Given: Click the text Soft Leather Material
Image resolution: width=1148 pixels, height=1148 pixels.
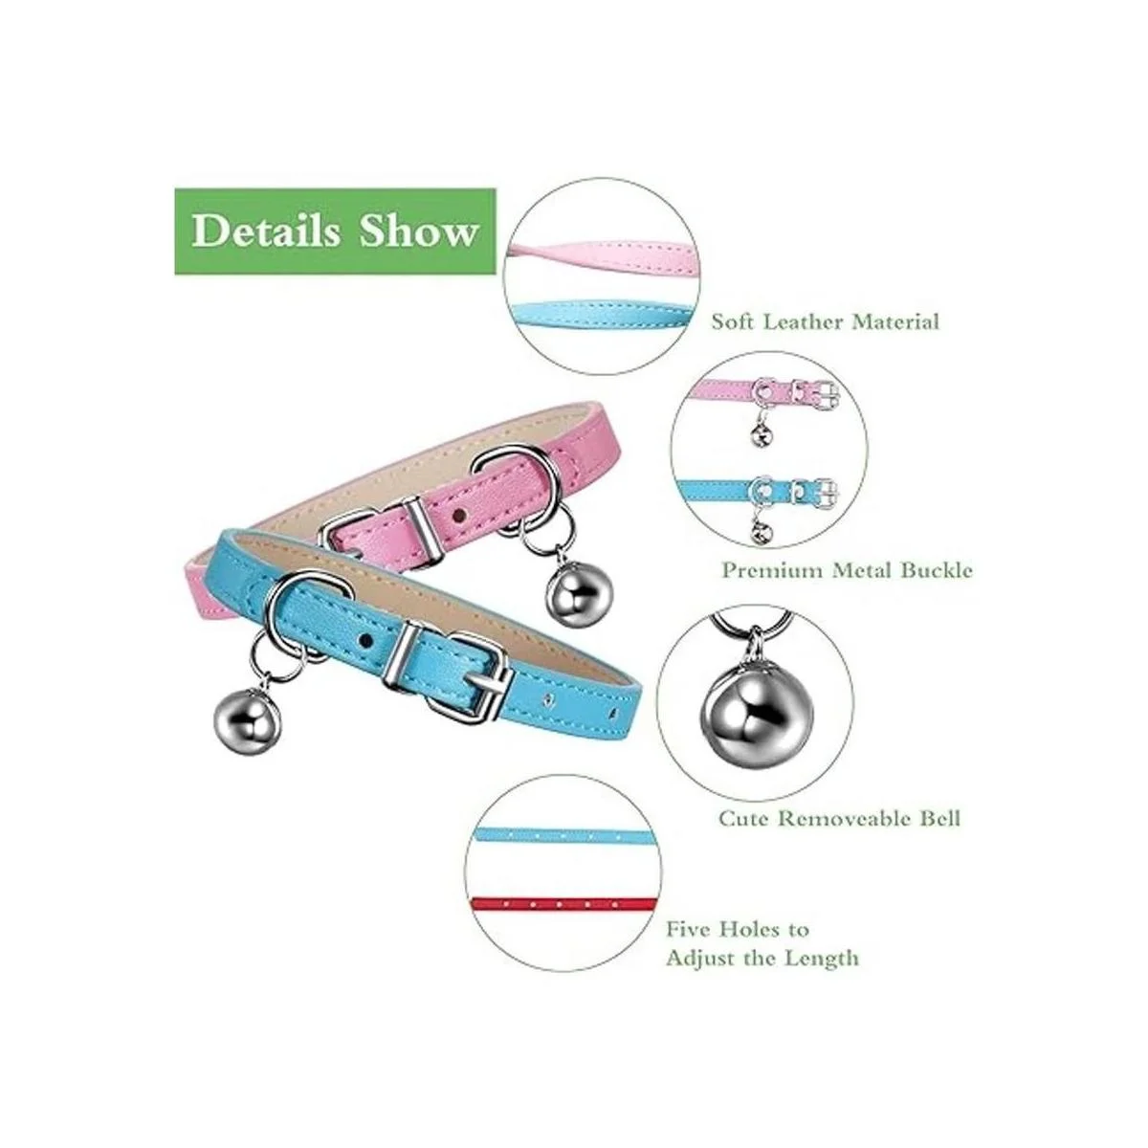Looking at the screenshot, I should click(x=825, y=321).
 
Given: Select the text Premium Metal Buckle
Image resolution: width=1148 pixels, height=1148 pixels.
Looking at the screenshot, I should click(x=847, y=571).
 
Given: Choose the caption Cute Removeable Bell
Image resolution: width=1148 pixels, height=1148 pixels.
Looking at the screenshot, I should click(x=839, y=819).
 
